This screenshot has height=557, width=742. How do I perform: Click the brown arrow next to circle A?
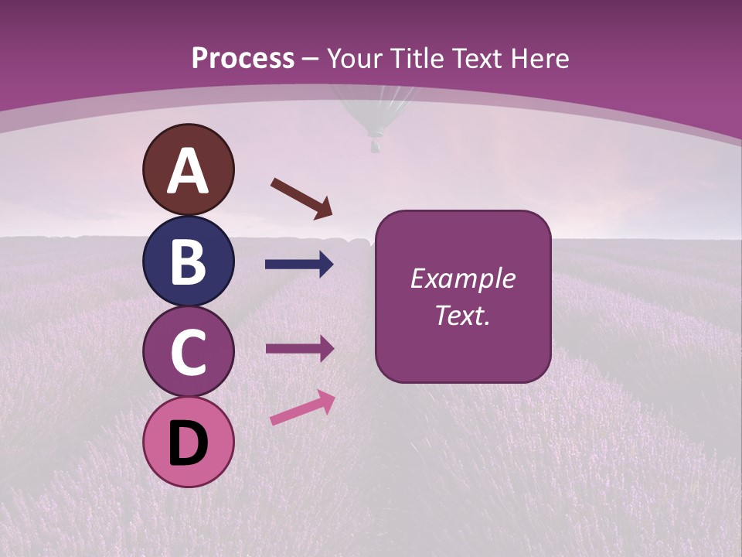[301, 199]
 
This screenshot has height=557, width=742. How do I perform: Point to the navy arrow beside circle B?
[299, 265]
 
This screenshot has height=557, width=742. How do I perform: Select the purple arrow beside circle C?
[299, 349]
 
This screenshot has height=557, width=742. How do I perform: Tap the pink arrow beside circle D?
[302, 408]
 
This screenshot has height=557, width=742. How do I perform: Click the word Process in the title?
[243, 59]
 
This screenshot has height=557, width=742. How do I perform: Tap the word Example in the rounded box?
[462, 278]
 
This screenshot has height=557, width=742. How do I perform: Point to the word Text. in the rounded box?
[462, 315]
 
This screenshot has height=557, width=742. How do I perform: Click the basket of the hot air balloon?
[376, 144]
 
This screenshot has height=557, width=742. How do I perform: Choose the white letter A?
[188, 170]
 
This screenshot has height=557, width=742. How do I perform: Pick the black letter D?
[188, 444]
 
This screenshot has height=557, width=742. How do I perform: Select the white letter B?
[188, 261]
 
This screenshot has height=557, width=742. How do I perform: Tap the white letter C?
[188, 353]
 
